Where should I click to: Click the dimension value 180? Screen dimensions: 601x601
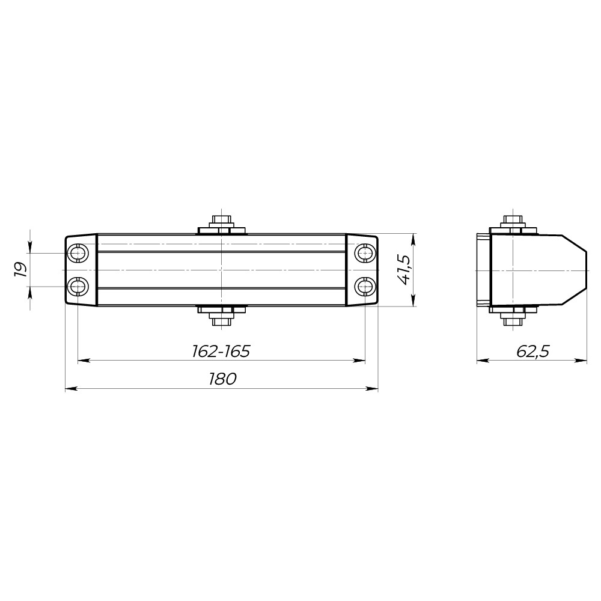tap(222, 379)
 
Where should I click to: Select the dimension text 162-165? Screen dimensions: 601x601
tap(221, 351)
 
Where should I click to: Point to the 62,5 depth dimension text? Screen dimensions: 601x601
tap(532, 351)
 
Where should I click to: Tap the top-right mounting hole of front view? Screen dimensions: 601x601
tap(365, 254)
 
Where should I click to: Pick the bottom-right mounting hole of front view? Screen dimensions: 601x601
tap(365, 286)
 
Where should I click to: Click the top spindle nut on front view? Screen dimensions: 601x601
tap(222, 222)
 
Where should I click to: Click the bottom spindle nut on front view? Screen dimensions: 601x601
tap(222, 317)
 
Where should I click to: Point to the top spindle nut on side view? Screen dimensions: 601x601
tap(512, 222)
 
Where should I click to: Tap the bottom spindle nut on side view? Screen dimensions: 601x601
tap(512, 317)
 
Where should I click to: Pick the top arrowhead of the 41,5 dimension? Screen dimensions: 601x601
tap(413, 239)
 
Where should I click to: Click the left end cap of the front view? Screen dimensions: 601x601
tap(81, 270)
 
